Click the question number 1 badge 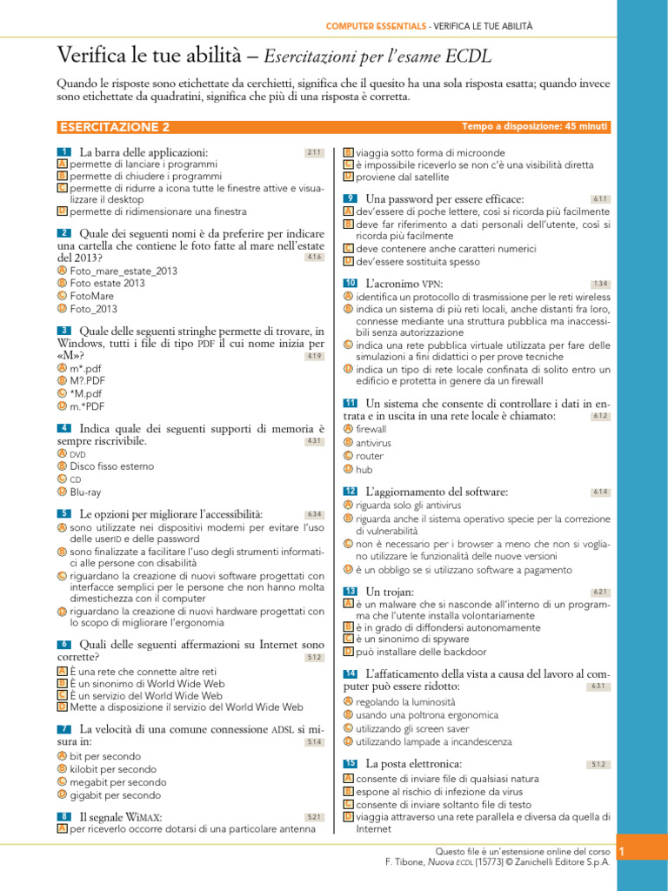tap(63, 152)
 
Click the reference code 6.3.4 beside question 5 tap(314, 514)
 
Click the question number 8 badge tap(63, 817)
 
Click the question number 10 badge tap(351, 284)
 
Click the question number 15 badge tap(351, 764)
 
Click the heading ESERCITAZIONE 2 tap(114, 127)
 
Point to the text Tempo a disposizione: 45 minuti tap(535, 127)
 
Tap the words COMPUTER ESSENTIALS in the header tap(376, 27)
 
